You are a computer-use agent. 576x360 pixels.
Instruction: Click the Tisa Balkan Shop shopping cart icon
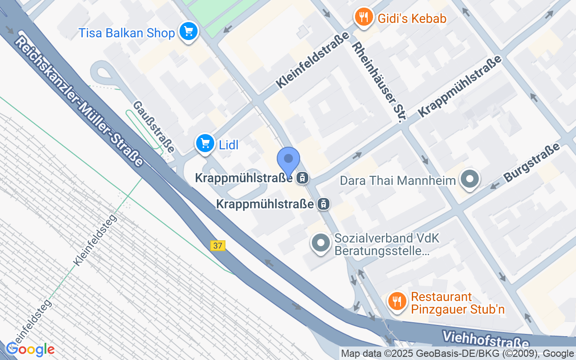[x=189, y=31]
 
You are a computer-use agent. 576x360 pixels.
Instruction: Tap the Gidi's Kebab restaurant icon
[x=363, y=18]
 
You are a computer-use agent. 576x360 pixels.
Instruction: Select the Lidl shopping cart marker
[x=205, y=144]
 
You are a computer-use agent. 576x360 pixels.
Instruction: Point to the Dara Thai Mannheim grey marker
[x=470, y=179]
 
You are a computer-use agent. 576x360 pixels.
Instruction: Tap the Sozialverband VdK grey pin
[x=320, y=243]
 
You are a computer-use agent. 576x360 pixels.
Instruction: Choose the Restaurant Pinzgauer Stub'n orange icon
[x=396, y=300]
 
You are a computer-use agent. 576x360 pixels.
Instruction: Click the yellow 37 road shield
[x=218, y=246]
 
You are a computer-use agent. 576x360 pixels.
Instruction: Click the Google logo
[x=30, y=349]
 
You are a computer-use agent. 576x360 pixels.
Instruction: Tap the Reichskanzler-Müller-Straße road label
[x=79, y=101]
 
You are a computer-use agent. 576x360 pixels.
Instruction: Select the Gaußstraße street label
[x=153, y=126]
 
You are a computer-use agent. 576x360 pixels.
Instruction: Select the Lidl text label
[x=229, y=145]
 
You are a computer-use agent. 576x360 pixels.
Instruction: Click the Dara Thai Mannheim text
[x=398, y=181]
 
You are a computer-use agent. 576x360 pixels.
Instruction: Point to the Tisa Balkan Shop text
[x=126, y=33]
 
